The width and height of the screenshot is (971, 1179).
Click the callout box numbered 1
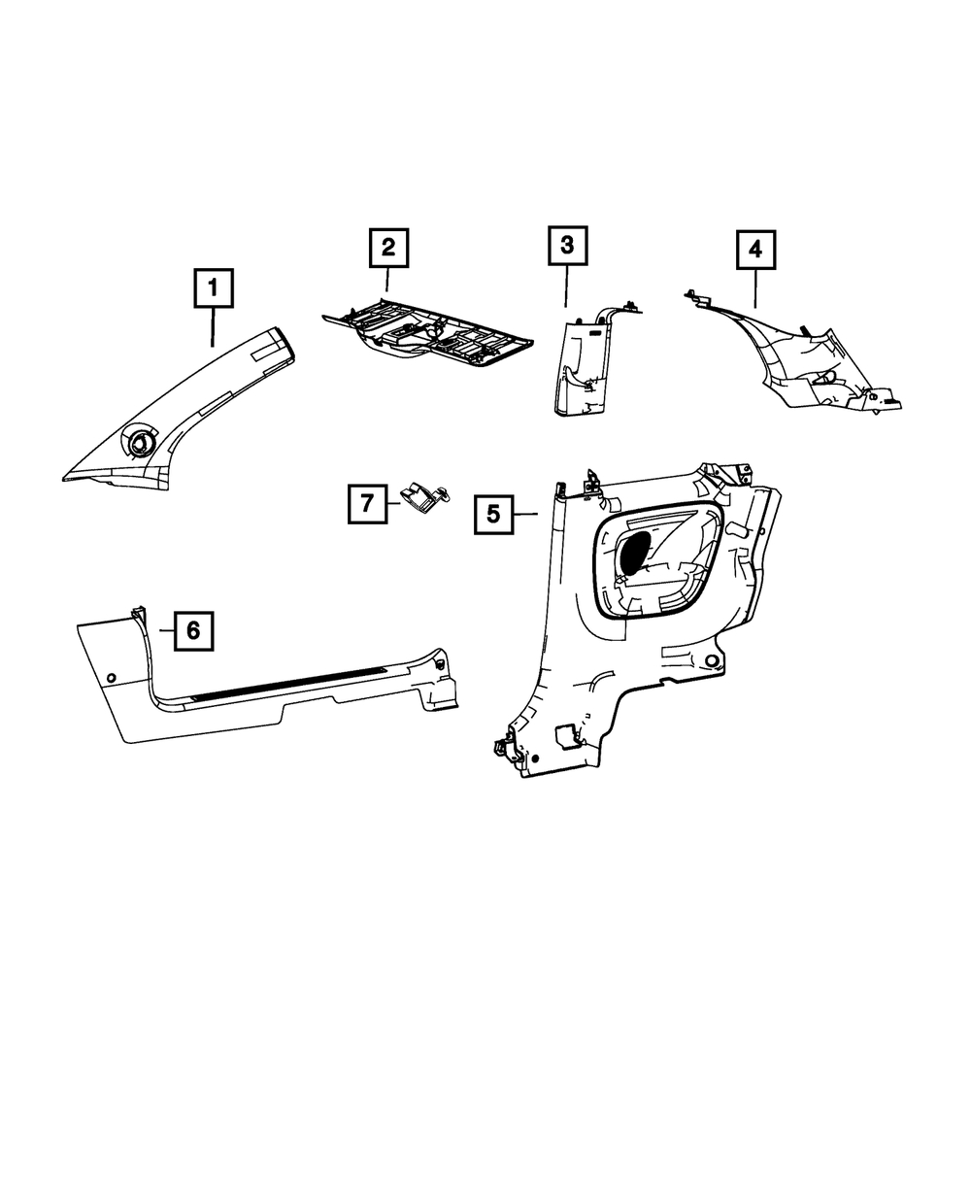pos(214,288)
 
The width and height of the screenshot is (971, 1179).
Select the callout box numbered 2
pos(388,248)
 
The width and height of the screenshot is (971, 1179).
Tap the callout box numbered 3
pos(567,246)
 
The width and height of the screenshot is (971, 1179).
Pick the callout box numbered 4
pos(755,250)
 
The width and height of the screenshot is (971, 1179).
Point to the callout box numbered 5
pos(493,515)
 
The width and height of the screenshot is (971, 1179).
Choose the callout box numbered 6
pos(193,630)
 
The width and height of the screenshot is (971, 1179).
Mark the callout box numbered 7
pos(367,504)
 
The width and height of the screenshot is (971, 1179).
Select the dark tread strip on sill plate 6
pos(289,684)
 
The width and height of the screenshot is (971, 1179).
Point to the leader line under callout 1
pos(213,327)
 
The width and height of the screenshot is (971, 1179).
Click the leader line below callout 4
pos(755,288)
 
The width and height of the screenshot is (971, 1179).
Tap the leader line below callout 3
pos(566,286)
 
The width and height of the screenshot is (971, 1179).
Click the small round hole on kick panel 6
pos(112,677)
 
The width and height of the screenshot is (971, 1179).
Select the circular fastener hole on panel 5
pos(712,660)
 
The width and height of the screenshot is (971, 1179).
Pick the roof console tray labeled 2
pos(427,334)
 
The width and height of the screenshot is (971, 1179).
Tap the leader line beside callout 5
pos(525,514)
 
